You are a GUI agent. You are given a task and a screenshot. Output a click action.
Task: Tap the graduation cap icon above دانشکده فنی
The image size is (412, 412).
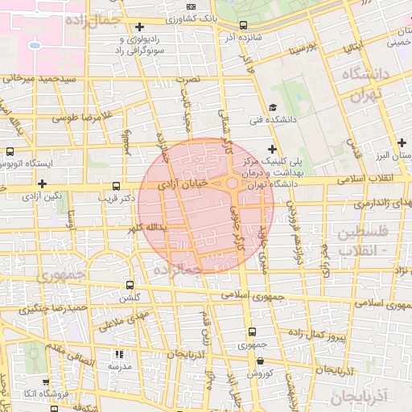pyautogui.click(x=273, y=107)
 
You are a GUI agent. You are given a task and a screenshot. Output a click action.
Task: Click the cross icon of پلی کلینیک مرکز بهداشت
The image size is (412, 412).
pyautogui.click(x=273, y=149)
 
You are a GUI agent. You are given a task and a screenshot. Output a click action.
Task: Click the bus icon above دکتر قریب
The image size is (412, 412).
pyautogui.click(x=118, y=184)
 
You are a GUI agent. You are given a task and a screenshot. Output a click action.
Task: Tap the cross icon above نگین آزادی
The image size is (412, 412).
pyautogui.click(x=42, y=184)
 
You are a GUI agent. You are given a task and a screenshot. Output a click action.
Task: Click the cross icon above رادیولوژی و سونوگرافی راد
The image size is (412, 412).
pyautogui.click(x=140, y=27)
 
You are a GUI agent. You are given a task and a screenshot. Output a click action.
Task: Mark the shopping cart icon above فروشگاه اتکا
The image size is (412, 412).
pyautogui.click(x=45, y=382)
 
